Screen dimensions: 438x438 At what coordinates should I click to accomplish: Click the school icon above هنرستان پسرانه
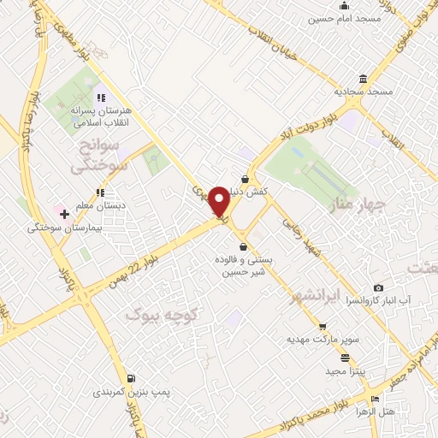(x=101, y=98)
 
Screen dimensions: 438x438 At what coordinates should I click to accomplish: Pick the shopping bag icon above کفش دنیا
(x=246, y=180)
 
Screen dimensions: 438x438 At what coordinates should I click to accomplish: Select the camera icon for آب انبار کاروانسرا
(x=379, y=288)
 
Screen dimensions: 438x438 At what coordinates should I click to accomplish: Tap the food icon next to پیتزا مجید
(x=345, y=358)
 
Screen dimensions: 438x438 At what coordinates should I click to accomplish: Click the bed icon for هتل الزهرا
(x=375, y=400)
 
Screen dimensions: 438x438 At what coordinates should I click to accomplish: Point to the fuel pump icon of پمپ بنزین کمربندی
(x=130, y=378)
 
